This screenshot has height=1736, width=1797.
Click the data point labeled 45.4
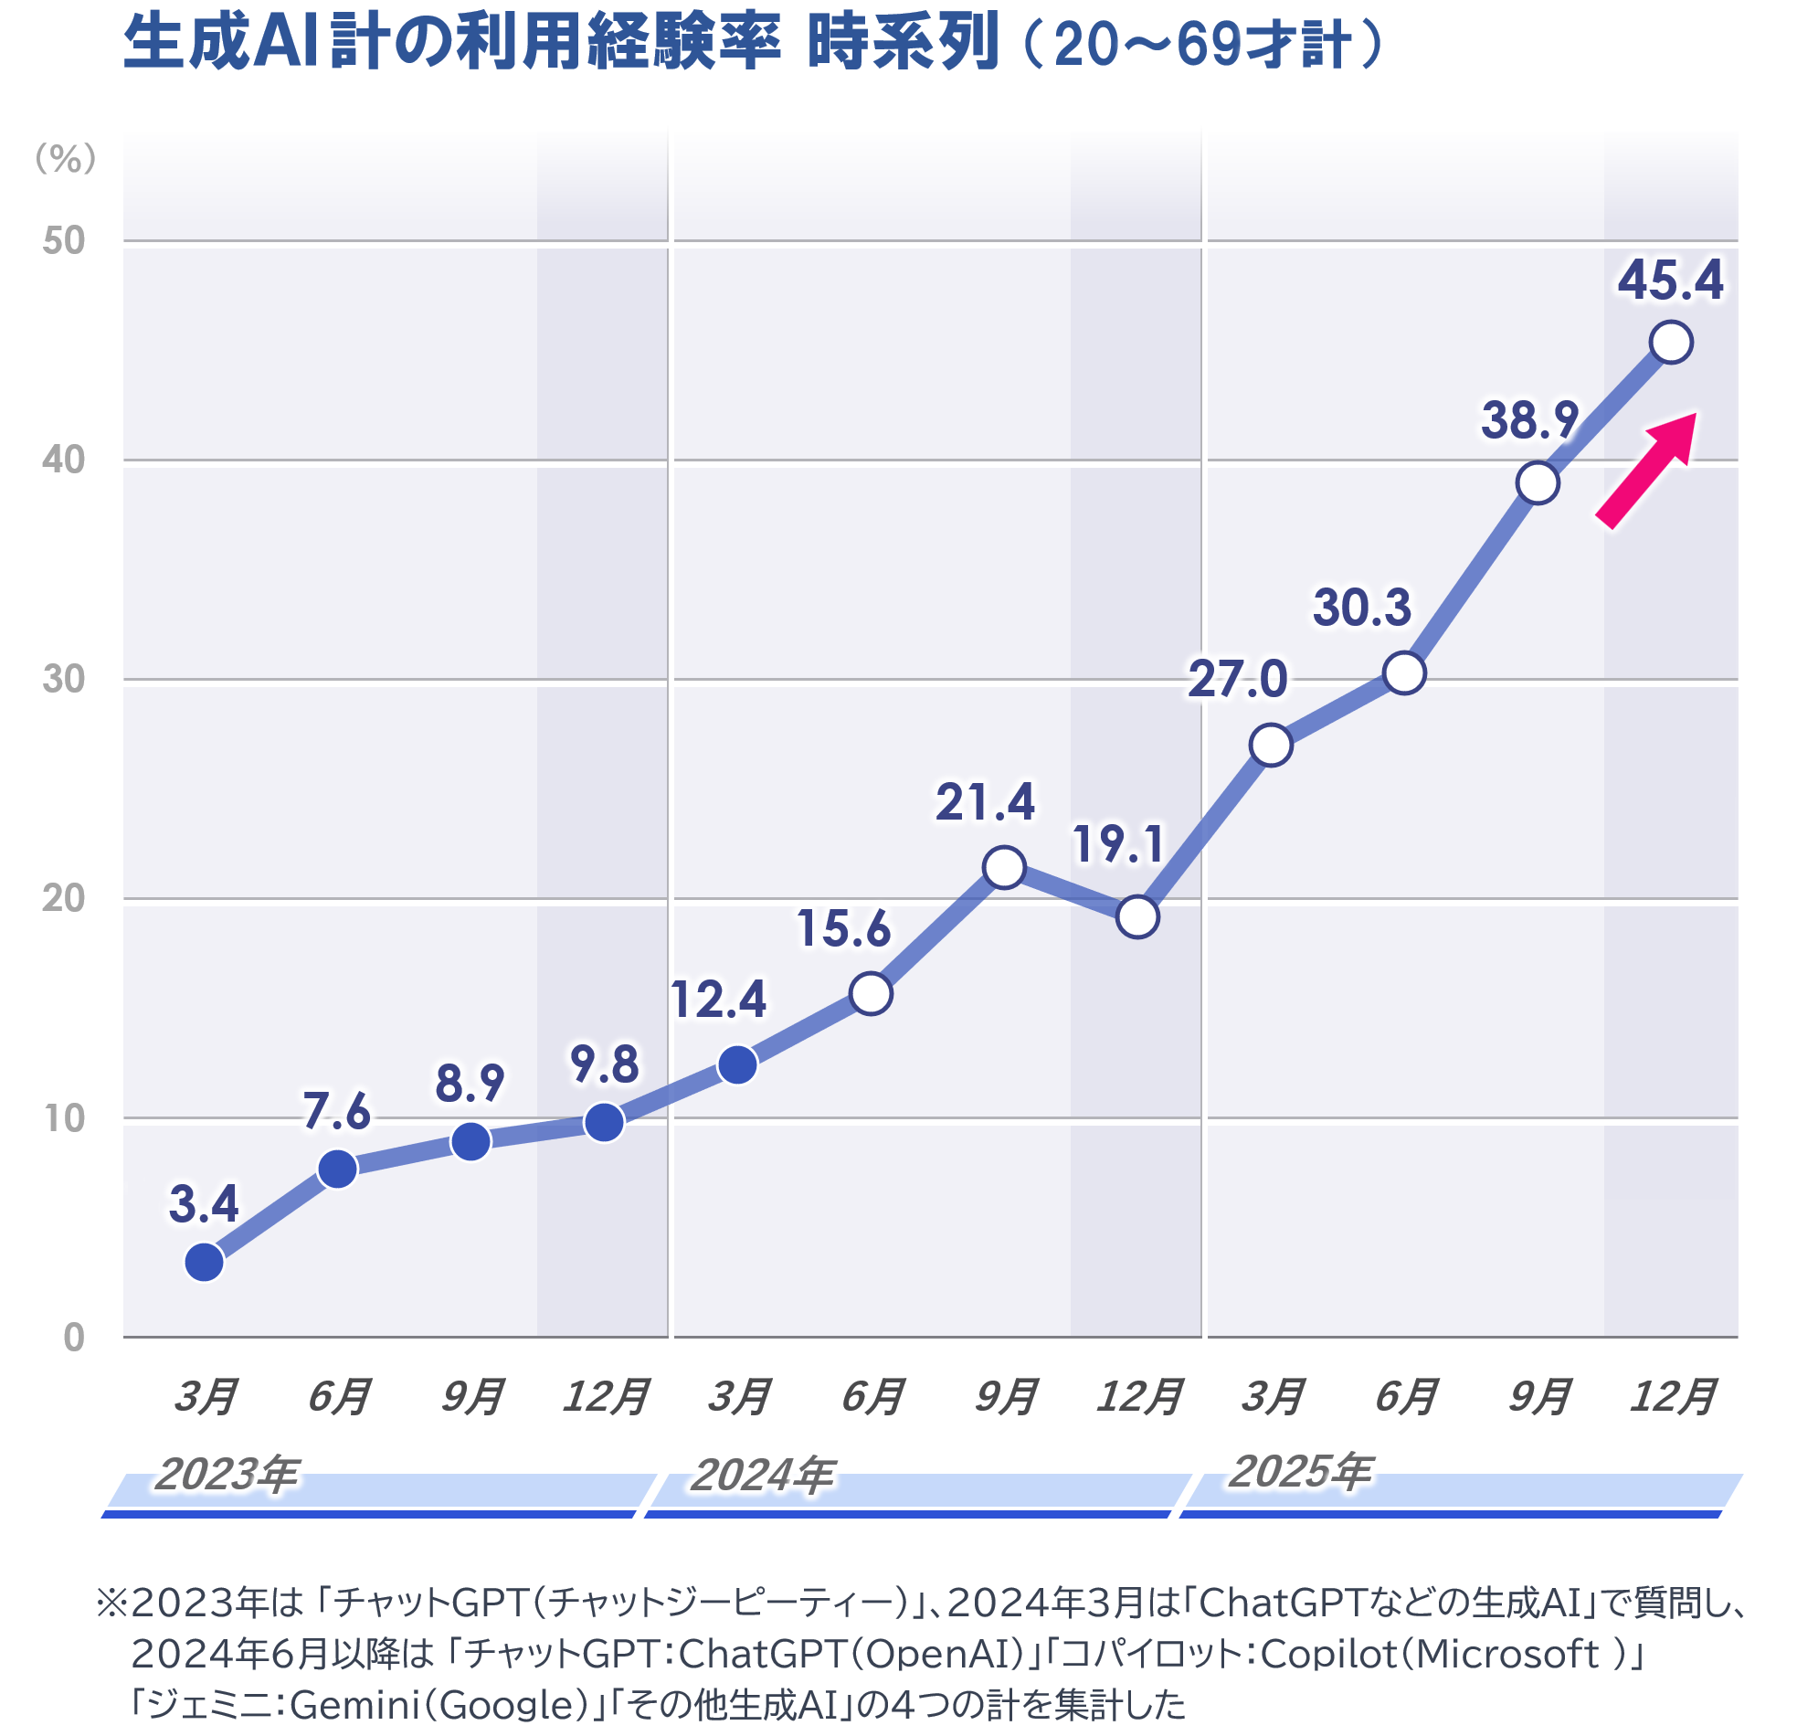1671,342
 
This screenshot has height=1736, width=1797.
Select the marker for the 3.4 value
205,1262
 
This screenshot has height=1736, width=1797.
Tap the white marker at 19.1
1136,917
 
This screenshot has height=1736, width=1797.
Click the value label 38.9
1529,420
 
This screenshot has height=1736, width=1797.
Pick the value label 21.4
985,802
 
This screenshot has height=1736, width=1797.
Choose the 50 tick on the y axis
63,240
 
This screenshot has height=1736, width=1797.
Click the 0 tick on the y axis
74,1337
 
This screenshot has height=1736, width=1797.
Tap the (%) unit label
65,159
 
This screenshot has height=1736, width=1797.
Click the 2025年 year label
1299,1471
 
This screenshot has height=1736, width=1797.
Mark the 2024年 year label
762,1475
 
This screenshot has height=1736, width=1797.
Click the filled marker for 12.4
737,1064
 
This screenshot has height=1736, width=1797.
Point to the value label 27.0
1238,680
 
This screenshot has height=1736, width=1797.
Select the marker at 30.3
1403,673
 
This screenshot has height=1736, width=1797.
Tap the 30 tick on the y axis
63,679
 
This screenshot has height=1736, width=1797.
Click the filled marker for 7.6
337,1169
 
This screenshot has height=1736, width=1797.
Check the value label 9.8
604,1064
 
